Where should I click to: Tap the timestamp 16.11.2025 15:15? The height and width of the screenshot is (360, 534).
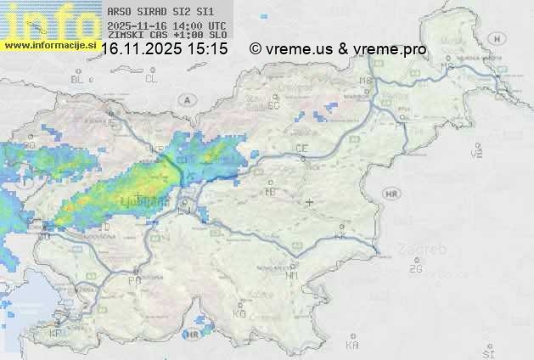(x=164, y=49)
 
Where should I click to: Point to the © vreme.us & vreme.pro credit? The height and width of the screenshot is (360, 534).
(x=338, y=49)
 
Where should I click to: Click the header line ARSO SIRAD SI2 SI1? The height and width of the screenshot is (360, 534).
(x=155, y=12)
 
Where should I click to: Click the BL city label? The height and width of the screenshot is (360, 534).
(x=78, y=79)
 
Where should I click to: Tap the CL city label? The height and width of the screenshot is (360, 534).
(x=151, y=79)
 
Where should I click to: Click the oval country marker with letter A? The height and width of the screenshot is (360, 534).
(x=186, y=99)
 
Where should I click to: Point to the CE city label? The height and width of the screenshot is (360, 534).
(x=301, y=149)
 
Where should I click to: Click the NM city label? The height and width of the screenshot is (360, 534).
(x=293, y=276)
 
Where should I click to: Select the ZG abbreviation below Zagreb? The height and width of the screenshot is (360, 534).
(x=415, y=269)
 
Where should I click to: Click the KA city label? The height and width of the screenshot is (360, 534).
(x=352, y=346)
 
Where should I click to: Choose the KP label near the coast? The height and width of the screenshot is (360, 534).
(x=56, y=334)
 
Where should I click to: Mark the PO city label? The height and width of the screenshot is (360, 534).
(x=134, y=280)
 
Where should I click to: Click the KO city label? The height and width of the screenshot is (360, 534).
(x=239, y=314)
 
